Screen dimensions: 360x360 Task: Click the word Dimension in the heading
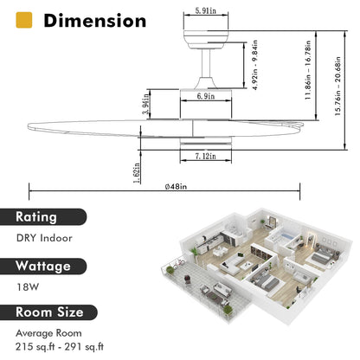tap(96, 20)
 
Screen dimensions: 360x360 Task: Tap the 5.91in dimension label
tap(205, 10)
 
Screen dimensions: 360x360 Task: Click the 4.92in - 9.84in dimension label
tap(256, 63)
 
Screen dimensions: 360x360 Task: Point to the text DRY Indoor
tap(45, 238)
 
